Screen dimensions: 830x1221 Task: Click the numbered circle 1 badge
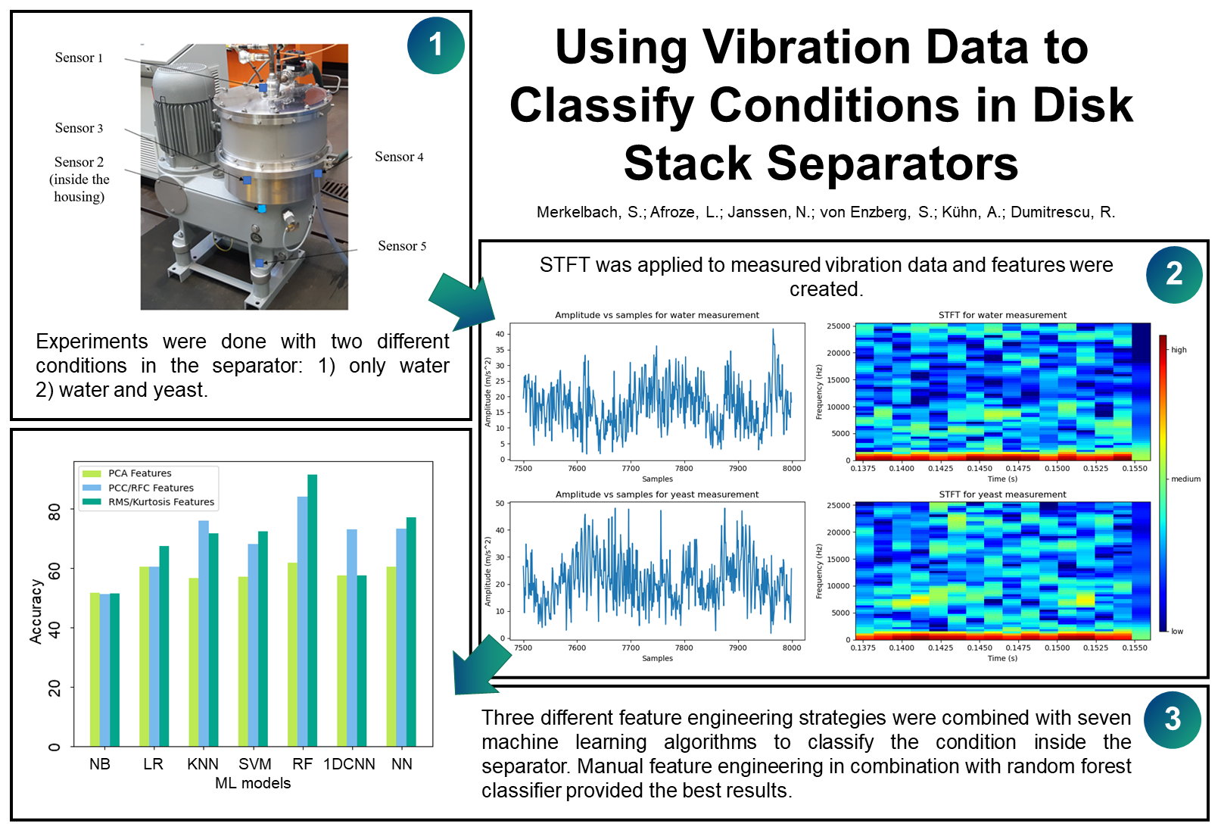tap(435, 45)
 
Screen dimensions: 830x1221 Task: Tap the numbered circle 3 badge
tap(1172, 719)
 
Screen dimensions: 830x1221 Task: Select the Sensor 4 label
tap(399, 157)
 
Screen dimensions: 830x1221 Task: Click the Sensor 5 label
tap(402, 246)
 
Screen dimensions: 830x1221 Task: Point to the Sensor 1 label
tap(79, 58)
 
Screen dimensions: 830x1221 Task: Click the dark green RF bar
tap(313, 610)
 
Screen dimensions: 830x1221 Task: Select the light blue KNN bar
tap(204, 632)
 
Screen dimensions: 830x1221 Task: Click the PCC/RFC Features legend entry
tap(151, 488)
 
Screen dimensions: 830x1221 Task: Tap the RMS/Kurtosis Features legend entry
tap(160, 502)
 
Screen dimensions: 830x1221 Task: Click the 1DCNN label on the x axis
tap(349, 764)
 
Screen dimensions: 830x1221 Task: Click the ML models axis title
tap(253, 783)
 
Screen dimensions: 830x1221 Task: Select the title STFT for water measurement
tap(1002, 315)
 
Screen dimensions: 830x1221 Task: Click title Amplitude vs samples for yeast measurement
tap(656, 495)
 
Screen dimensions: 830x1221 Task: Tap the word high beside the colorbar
tap(1179, 350)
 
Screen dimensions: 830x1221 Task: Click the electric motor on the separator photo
tap(182, 106)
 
